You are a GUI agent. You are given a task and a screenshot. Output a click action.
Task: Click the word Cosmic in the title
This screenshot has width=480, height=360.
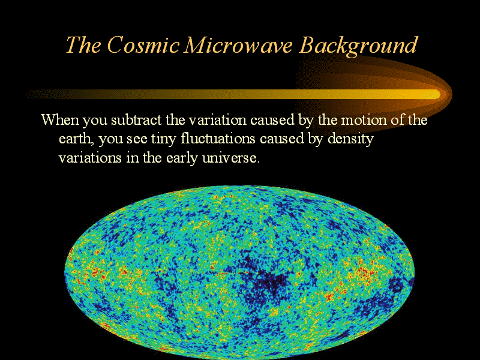coord(143,45)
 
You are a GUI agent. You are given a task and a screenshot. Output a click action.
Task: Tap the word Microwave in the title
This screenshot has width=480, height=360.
coord(238,45)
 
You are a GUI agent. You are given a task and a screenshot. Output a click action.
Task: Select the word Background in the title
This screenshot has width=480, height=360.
coord(358,47)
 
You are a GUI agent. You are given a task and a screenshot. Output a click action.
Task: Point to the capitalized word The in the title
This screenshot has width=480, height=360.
coord(83,45)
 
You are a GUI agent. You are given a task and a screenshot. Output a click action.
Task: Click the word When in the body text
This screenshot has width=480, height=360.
coord(60,119)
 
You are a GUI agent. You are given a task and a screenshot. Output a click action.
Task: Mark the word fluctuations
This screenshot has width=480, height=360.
coord(218,139)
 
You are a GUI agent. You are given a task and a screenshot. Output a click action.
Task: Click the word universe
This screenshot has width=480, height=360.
coord(231,158)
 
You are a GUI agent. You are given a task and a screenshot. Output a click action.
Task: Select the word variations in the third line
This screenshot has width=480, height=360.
coord(90,158)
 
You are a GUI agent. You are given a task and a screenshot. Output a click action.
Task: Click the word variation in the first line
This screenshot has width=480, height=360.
coord(217,119)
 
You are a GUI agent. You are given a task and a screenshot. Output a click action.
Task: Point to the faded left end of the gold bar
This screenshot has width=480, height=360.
coord(29,94)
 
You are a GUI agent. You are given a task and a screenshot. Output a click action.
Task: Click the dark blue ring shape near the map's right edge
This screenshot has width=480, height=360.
coord(397,286)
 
